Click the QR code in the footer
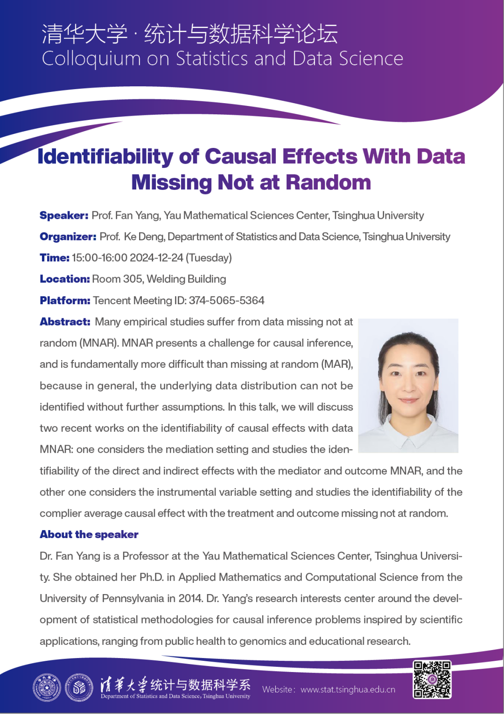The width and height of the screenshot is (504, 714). [432, 679]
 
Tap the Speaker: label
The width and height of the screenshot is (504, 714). [64, 216]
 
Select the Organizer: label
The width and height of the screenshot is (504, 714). [68, 237]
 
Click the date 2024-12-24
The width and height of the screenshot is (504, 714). [156, 258]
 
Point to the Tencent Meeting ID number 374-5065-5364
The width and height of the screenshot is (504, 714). [226, 301]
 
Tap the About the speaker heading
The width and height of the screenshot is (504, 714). [89, 535]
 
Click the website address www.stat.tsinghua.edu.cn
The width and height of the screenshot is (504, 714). [348, 690]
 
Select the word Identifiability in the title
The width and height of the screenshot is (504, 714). [105, 157]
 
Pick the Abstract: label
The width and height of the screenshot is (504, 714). [65, 322]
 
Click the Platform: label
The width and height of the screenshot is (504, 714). [65, 301]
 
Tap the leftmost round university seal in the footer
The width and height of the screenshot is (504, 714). [47, 687]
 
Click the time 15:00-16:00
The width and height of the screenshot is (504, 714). [99, 258]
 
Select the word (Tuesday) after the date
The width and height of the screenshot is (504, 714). [209, 258]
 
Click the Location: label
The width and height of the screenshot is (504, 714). [64, 279]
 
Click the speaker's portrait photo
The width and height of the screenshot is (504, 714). [408, 385]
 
